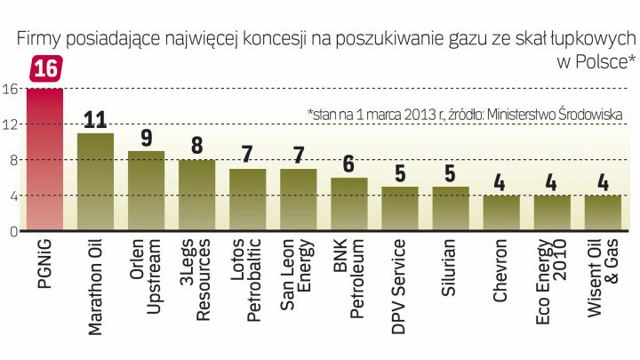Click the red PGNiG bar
[x=44, y=160]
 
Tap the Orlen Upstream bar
[x=146, y=191]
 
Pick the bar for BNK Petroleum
[x=349, y=204]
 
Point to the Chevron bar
[x=501, y=213]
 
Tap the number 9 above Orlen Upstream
[x=146, y=139]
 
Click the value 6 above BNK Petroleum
[x=349, y=165]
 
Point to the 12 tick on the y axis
[x=11, y=124]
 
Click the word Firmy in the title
[x=32, y=38]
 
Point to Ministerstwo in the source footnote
[x=507, y=115]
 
